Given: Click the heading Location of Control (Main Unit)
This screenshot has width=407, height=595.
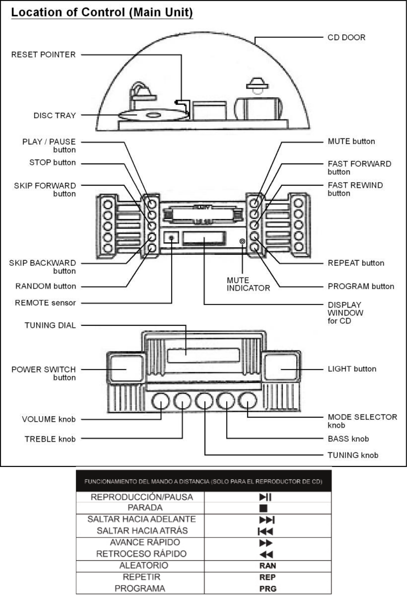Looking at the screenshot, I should pos(102,12).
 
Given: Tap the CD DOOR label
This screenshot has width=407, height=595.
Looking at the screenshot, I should pos(346,37).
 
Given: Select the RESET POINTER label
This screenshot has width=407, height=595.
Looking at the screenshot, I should pos(43,54).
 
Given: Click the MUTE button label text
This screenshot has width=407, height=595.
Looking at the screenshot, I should pos(351,141).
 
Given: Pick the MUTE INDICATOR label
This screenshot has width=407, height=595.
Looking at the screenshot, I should pos(248,284).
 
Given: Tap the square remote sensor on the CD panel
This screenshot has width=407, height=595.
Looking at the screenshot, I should pos(171,237).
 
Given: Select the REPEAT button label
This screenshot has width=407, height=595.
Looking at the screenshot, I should pos(356,263).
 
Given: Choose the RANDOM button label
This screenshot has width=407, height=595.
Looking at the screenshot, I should pos(45,286).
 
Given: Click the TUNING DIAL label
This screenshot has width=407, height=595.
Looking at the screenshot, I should pos(50,325).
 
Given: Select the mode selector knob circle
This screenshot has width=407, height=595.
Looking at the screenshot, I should pos(248,401).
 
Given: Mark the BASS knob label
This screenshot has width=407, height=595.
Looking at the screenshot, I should pos(348,439).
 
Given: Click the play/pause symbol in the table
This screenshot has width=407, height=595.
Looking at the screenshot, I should pos(266,497).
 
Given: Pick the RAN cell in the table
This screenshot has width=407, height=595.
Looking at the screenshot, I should pos(267,565).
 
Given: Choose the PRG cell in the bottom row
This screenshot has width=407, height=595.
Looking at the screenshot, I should pos(267,589).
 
